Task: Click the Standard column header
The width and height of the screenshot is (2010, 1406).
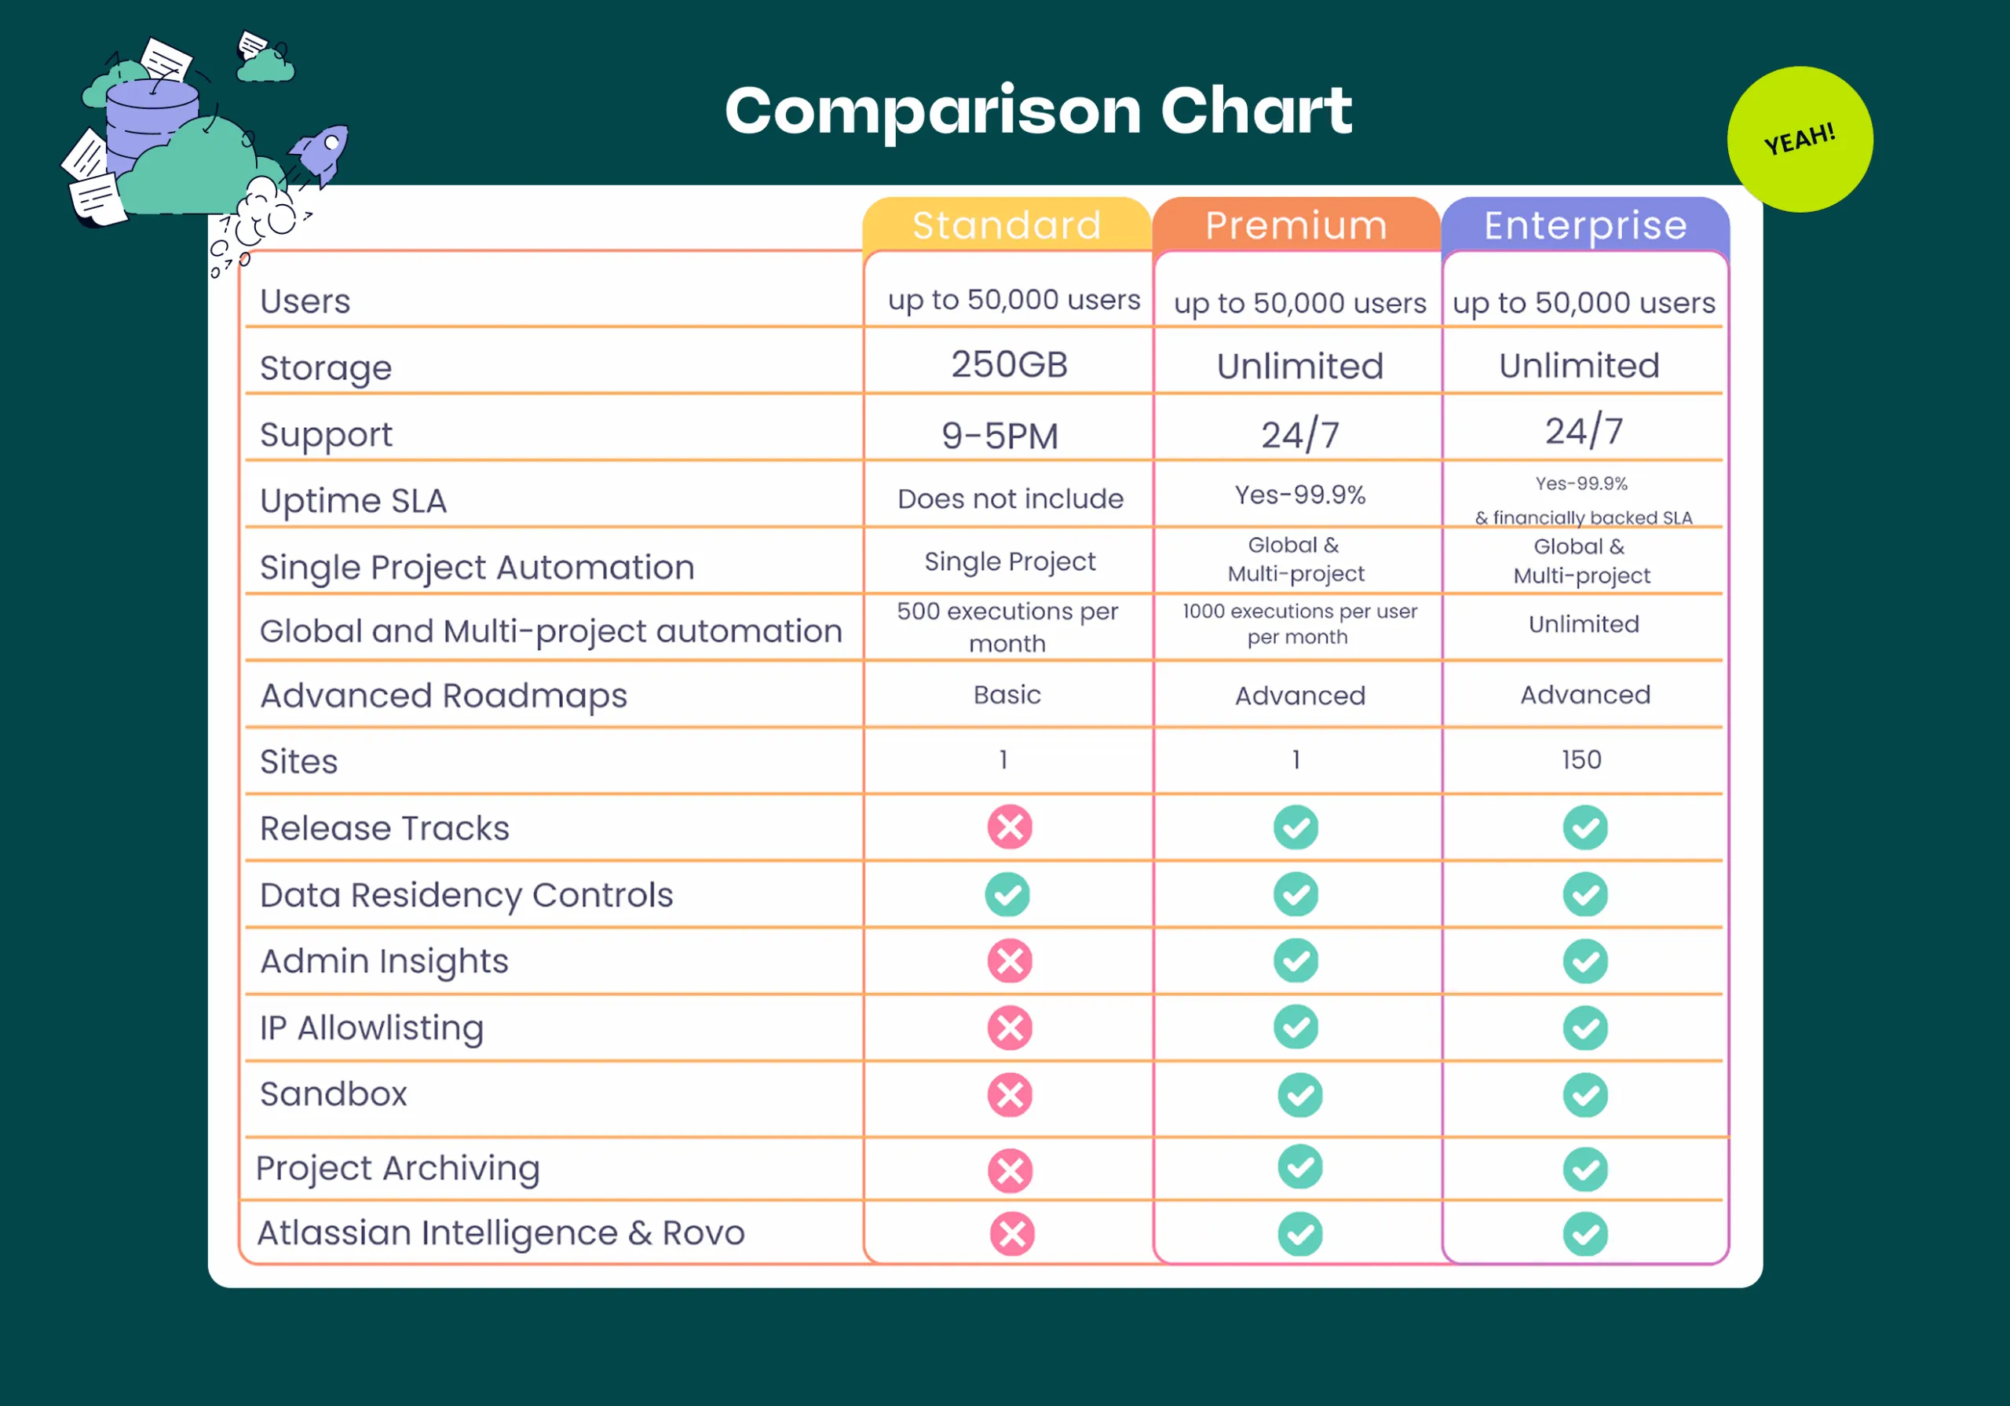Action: tap(1007, 225)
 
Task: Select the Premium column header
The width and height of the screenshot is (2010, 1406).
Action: tap(1296, 225)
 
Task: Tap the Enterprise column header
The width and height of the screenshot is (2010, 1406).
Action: tap(1584, 225)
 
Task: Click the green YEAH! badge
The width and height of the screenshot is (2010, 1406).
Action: tap(1799, 139)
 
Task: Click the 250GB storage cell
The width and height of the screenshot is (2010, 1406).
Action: tap(1008, 364)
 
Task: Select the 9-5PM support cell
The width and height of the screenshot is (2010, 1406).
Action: tap(1000, 435)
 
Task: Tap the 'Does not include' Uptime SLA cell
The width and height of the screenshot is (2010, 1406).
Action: tap(1010, 498)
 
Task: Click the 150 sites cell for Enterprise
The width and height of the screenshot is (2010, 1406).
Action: tap(1581, 759)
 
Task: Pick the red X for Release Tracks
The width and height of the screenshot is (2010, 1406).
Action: tap(1010, 827)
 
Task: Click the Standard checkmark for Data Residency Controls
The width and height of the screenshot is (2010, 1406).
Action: tap(1007, 894)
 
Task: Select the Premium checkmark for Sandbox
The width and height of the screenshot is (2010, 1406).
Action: tap(1299, 1094)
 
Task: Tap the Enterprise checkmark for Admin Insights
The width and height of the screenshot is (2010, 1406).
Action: tap(1584, 961)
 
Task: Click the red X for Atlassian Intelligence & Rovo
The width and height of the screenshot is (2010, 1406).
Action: tap(1012, 1233)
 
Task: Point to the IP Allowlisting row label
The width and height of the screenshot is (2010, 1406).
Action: tap(371, 1027)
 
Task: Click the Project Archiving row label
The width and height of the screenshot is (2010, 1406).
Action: tap(397, 1168)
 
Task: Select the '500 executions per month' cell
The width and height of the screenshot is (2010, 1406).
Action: tap(1007, 626)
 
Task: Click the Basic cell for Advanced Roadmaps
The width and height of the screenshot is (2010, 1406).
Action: tap(1007, 694)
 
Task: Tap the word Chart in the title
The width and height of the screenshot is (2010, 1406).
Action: tap(1255, 111)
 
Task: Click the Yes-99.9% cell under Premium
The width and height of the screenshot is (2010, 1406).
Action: tap(1299, 495)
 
